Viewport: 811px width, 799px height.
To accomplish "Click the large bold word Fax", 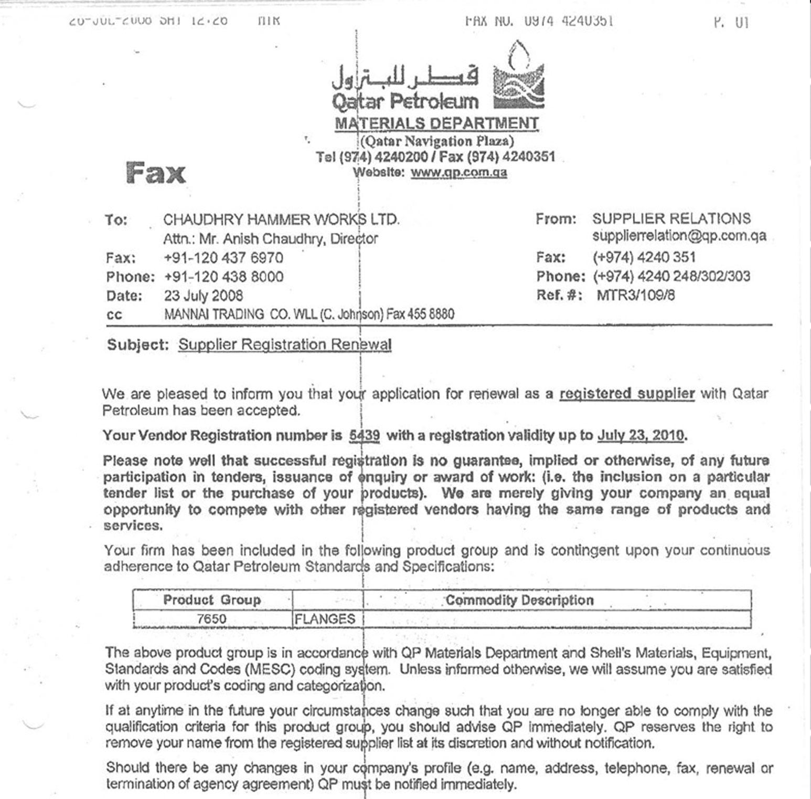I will [156, 173].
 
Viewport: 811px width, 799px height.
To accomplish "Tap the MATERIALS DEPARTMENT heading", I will [436, 123].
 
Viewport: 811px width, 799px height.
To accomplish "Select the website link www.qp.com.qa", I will [458, 173].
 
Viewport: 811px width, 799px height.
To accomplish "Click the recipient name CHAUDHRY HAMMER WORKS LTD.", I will [281, 219].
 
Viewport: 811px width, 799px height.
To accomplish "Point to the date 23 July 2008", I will [204, 296].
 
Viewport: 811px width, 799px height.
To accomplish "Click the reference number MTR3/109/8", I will [636, 295].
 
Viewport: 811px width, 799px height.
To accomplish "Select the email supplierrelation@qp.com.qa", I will [679, 236].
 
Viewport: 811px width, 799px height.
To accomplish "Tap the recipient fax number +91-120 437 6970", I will [223, 258].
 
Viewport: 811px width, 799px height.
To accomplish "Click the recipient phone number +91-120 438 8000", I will [223, 277].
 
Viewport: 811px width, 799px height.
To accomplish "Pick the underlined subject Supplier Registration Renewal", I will [285, 344].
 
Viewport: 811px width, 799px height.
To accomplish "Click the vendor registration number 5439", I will [365, 435].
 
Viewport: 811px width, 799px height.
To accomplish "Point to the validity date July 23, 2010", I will [641, 435].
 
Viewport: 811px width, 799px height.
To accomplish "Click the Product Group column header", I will [212, 600].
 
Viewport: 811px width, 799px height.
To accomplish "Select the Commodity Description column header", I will [519, 600].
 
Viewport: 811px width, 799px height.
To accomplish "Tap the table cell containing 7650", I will [212, 619].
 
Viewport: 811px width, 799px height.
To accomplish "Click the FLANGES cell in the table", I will [325, 619].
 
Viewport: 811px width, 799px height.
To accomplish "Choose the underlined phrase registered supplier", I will [627, 394].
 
